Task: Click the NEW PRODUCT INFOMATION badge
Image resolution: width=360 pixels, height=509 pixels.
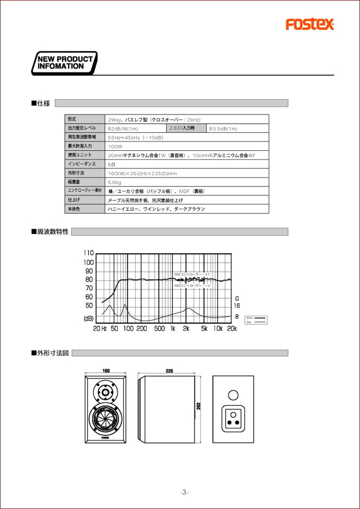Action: (x=64, y=63)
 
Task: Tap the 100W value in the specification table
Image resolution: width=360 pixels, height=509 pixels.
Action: (x=115, y=146)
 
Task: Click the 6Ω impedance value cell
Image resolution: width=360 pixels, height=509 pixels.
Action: (x=111, y=164)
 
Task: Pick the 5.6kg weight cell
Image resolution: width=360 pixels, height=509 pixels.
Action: (x=114, y=182)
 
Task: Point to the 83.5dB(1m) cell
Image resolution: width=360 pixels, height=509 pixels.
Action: (x=223, y=128)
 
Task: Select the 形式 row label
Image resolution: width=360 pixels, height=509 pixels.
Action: (x=72, y=118)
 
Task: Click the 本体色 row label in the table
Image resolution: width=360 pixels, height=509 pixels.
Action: (x=74, y=208)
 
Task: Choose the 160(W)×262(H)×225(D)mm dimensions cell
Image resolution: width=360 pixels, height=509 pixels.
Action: (x=142, y=173)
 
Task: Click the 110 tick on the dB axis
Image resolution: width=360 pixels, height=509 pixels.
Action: (x=88, y=253)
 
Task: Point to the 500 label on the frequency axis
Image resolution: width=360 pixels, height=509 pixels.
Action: (x=159, y=328)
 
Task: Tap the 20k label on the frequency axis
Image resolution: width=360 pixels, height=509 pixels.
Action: (x=232, y=328)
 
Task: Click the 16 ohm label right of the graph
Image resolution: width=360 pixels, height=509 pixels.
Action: (x=237, y=305)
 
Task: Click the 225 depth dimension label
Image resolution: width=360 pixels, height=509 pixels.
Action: (x=169, y=370)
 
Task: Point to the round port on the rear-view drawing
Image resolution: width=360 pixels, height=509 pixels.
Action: (x=233, y=395)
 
